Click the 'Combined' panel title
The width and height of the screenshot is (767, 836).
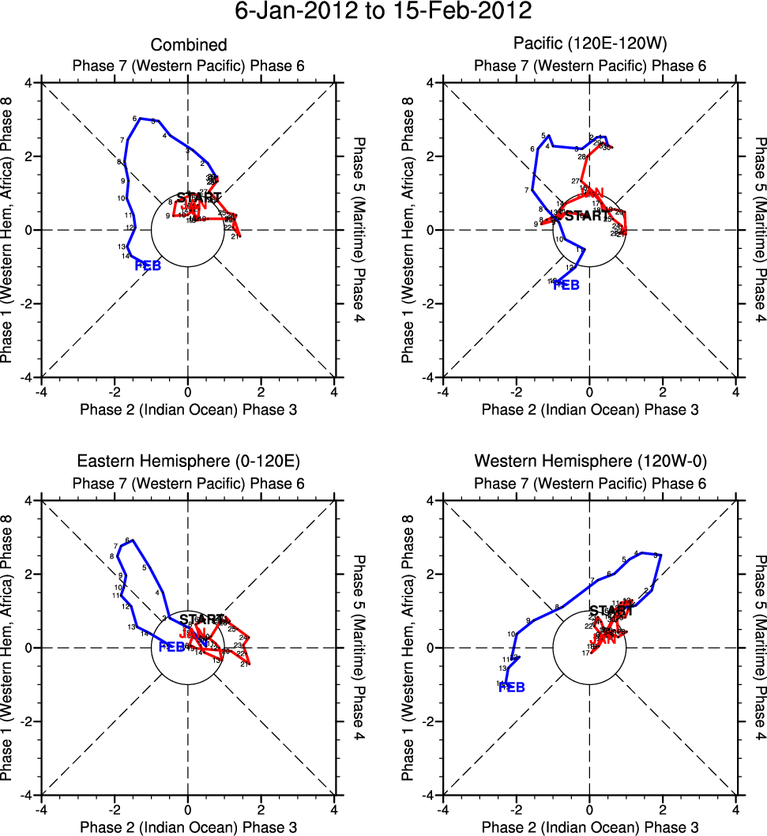(189, 45)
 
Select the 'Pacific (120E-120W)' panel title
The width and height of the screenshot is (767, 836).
(589, 45)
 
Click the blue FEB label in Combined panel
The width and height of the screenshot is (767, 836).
(148, 265)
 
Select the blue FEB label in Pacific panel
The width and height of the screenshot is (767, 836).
(566, 284)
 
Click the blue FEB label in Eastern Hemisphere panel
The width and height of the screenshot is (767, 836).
(171, 647)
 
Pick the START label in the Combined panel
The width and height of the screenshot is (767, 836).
(199, 197)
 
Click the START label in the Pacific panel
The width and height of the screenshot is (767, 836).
(587, 215)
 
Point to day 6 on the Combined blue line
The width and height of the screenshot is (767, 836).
(135, 119)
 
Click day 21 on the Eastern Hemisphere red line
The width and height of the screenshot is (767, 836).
(244, 664)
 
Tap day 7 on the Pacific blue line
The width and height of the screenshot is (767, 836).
(526, 190)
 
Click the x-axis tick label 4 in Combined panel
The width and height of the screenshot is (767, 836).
(334, 391)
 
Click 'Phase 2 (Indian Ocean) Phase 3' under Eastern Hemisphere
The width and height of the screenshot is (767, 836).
(188, 827)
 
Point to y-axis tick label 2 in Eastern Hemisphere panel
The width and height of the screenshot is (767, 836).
(30, 574)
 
